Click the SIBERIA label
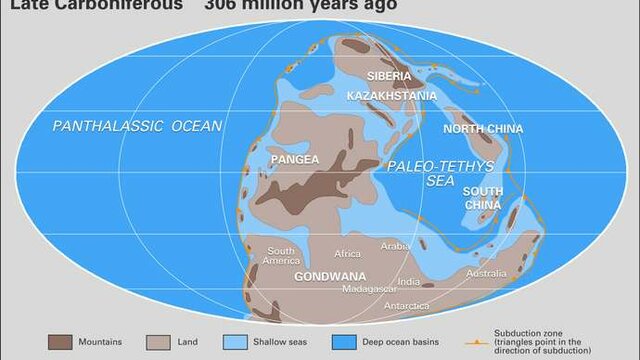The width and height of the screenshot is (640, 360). tap(388, 76)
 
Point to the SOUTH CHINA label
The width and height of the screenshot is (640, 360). tap(483, 197)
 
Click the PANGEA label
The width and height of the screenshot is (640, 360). tap(294, 159)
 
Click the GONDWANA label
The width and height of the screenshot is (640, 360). tap(330, 276)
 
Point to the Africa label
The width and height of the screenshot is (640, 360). tap(347, 253)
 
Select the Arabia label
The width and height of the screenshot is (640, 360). tap(396, 245)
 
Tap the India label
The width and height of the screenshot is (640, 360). tap(408, 282)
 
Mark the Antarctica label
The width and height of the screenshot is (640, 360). tap(407, 305)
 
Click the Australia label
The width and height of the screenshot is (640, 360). tap(486, 273)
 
